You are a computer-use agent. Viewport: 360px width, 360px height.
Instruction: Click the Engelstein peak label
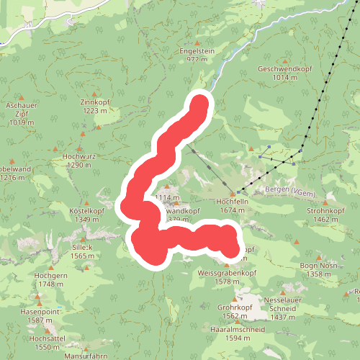(197, 52)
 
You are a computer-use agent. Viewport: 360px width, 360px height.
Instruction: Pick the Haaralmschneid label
(235, 329)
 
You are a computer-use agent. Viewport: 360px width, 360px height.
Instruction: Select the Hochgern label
(51, 274)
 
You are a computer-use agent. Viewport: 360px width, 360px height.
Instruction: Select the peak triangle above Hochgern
(50, 266)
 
